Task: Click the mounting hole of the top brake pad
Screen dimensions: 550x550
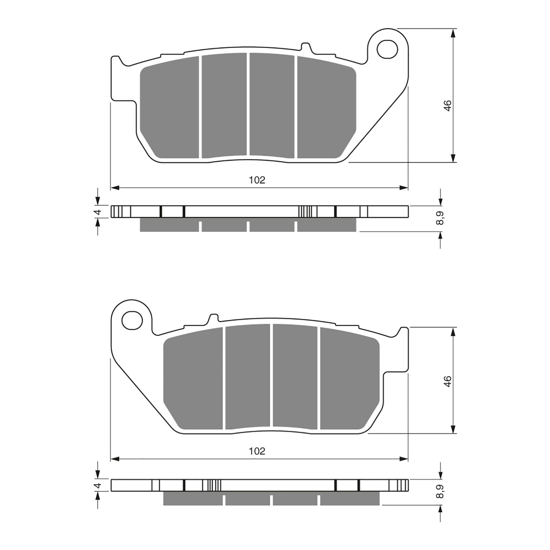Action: pyautogui.click(x=387, y=49)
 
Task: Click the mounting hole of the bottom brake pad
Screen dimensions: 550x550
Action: pyautogui.click(x=132, y=321)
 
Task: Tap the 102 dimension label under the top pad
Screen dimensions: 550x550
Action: pyautogui.click(x=257, y=180)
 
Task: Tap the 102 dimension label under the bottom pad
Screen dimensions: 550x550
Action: pyautogui.click(x=257, y=451)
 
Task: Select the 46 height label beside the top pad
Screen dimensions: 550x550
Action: pyautogui.click(x=447, y=106)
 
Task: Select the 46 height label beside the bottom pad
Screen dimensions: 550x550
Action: pyautogui.click(x=447, y=381)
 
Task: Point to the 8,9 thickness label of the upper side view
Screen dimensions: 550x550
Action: pyautogui.click(x=440, y=218)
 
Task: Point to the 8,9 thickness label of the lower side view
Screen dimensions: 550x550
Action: pyautogui.click(x=440, y=492)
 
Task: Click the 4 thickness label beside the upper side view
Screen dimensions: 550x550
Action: pyautogui.click(x=98, y=212)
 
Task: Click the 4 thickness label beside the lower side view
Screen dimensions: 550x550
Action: pyautogui.click(x=98, y=486)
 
